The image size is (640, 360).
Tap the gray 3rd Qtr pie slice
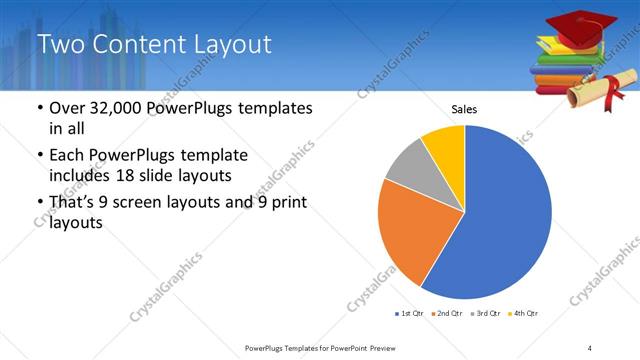pyautogui.click(x=409, y=164)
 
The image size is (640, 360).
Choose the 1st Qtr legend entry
pyautogui.click(x=409, y=314)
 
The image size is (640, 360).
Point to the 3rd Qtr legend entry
pyautogui.click(x=486, y=314)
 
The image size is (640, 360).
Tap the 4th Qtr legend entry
pyautogui.click(x=524, y=314)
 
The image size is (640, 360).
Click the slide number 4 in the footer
pyautogui.click(x=590, y=347)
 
